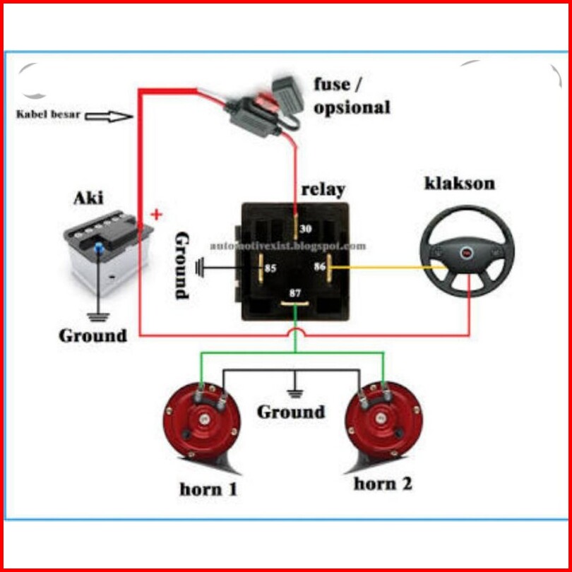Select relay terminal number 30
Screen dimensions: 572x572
296,225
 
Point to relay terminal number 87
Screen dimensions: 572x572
295,304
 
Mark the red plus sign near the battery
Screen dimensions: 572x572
157,214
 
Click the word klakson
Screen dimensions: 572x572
460,184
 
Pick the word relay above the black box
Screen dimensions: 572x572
323,189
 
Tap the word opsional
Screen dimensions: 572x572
352,107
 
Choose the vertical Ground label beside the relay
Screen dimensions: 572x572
181,265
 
